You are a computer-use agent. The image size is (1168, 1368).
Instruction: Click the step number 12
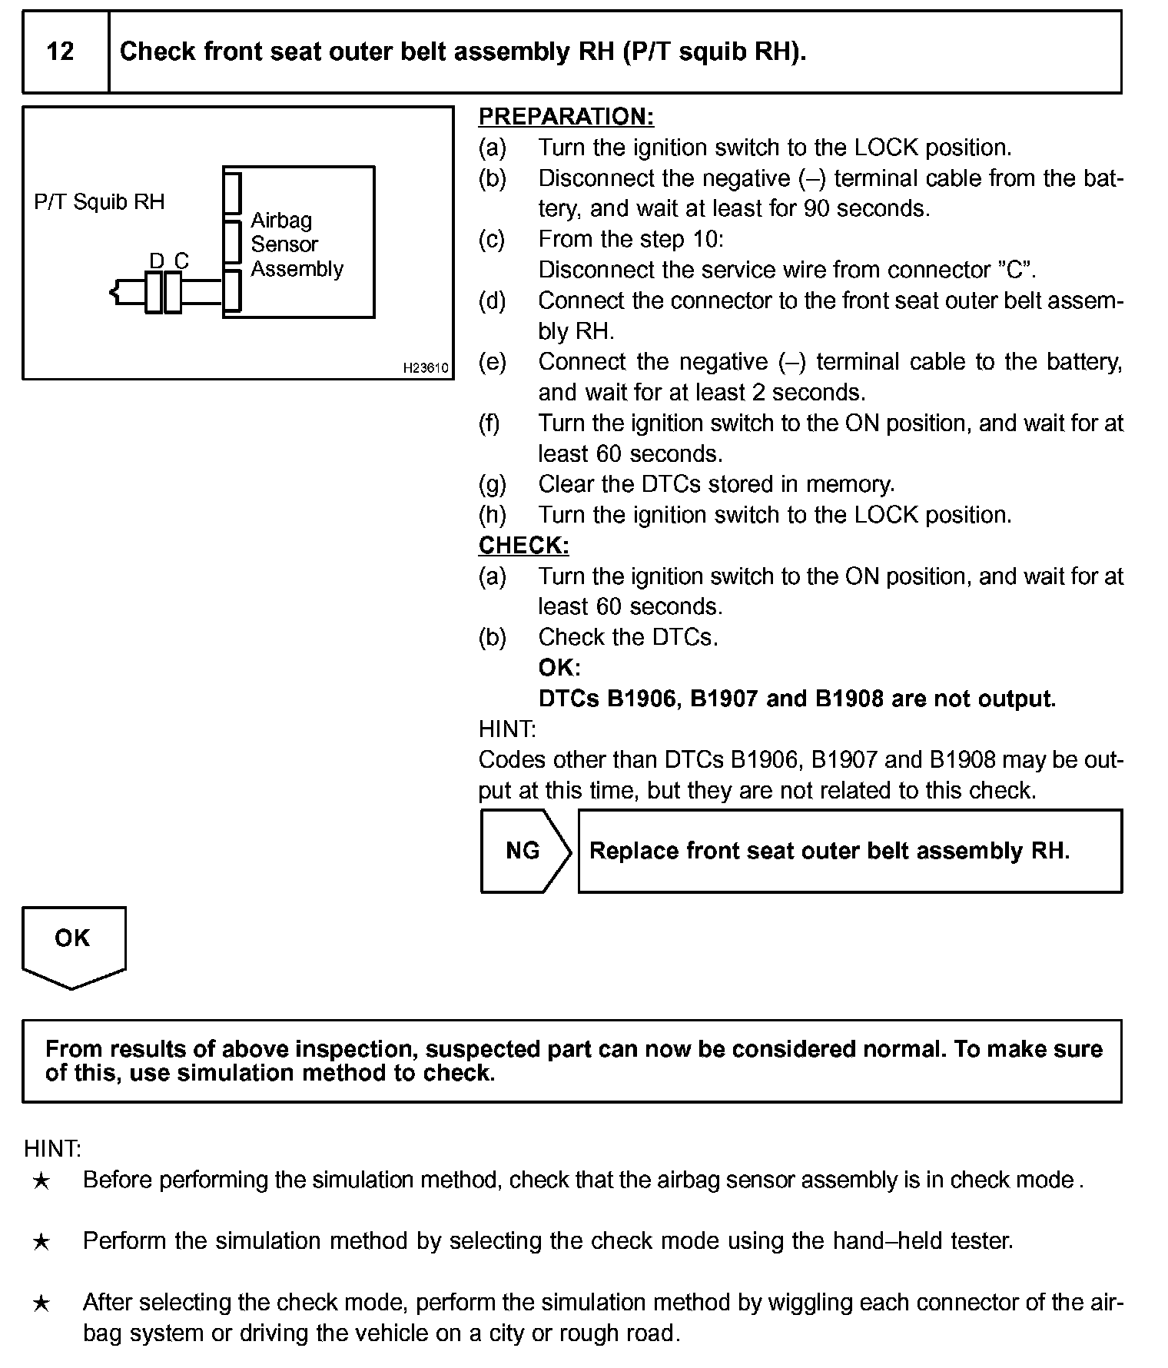click(60, 51)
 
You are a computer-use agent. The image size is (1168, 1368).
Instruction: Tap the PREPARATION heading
click(566, 117)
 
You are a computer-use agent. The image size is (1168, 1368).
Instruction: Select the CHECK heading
click(523, 545)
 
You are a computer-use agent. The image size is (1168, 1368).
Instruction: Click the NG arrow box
click(524, 851)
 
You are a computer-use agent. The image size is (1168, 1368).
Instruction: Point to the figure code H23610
click(425, 368)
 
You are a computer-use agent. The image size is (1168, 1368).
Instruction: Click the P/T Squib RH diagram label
click(99, 202)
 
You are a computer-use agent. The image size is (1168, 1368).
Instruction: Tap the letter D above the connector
click(156, 261)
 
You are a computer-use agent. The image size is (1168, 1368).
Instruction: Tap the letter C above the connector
click(181, 261)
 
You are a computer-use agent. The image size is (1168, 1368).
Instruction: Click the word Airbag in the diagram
click(281, 221)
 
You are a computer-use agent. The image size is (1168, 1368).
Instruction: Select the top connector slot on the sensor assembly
click(232, 193)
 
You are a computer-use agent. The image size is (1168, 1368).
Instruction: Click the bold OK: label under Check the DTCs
click(559, 668)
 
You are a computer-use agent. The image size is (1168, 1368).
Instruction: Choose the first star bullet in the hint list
click(41, 1180)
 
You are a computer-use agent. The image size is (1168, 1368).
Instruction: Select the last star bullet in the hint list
click(41, 1303)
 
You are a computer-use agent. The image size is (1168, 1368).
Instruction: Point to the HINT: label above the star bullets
click(52, 1149)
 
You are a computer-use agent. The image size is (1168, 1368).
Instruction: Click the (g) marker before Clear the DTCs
click(492, 484)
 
